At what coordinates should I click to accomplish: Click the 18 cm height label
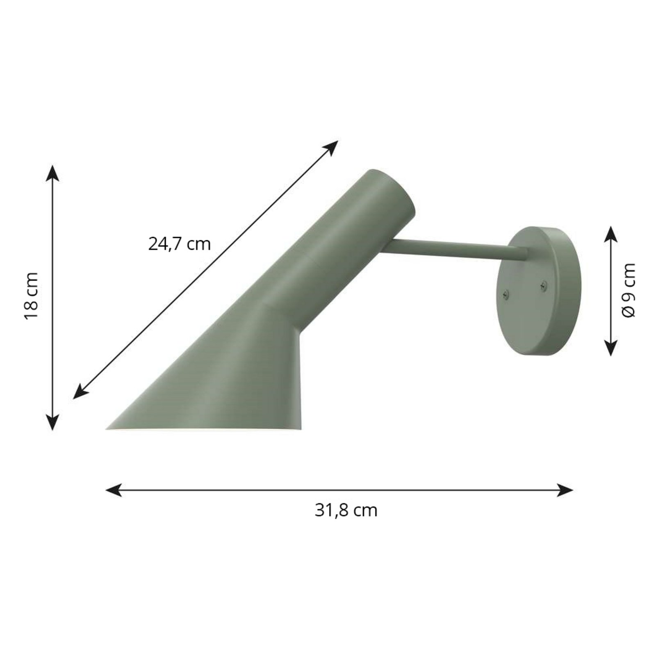pos(32,296)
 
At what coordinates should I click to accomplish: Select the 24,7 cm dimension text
pos(179,244)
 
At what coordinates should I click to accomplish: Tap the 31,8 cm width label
pos(346,510)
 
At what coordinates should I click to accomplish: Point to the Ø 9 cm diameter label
pos(628,290)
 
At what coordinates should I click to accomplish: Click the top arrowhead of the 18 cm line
pos(52,173)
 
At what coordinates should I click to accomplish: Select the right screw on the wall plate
pos(544,285)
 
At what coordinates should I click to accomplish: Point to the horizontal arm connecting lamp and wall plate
pos(451,249)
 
